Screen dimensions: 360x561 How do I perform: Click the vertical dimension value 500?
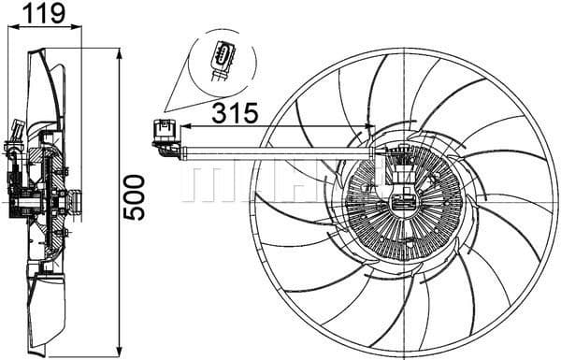click(x=137, y=196)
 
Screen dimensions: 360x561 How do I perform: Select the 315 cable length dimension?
click(x=234, y=113)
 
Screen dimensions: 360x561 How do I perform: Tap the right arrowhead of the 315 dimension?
click(x=370, y=126)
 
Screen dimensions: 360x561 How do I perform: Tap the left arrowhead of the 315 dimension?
click(x=183, y=126)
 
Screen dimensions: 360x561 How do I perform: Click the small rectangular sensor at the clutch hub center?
click(x=406, y=201)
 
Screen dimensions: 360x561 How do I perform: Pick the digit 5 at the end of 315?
click(x=250, y=113)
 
